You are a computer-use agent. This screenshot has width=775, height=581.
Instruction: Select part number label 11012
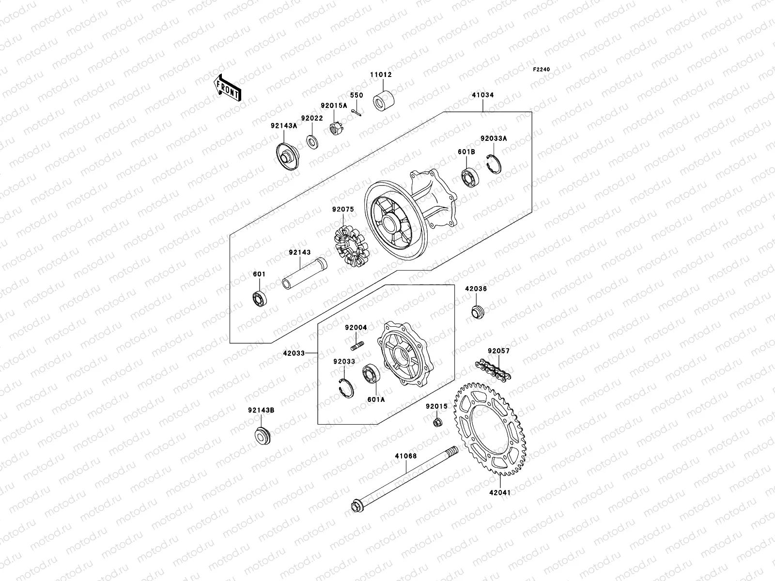(x=381, y=75)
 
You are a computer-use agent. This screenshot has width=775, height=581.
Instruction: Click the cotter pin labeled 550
(x=357, y=111)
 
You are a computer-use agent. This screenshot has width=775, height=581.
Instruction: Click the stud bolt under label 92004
(x=356, y=346)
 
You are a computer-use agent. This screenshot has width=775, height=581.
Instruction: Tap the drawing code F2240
(x=542, y=70)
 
